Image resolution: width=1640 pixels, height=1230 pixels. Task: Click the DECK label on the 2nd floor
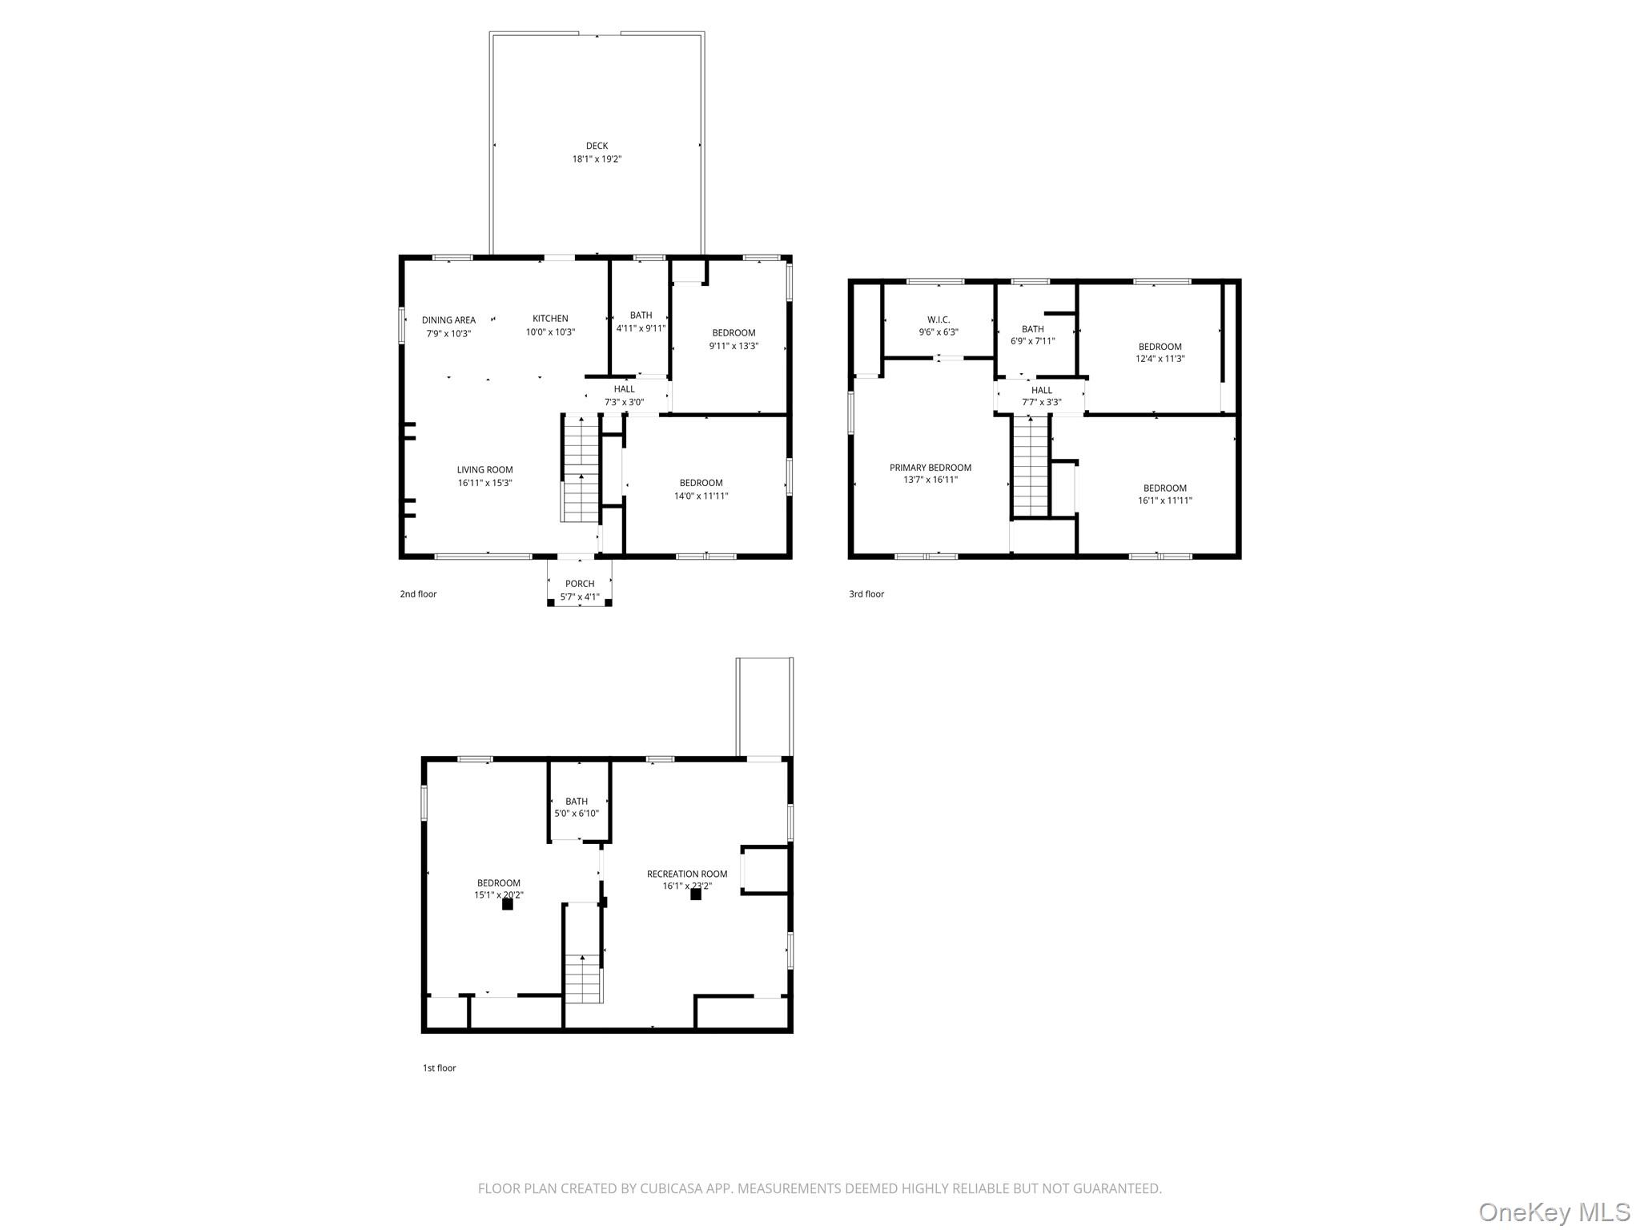coord(597,146)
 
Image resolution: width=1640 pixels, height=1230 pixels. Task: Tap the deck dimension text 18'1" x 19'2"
coord(597,159)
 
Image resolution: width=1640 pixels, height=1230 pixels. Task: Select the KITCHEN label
coord(550,319)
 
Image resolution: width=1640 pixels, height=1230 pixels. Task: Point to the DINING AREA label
coord(448,320)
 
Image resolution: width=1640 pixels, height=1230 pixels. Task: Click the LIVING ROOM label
coord(484,470)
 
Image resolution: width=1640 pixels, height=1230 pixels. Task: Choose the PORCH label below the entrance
coord(580,584)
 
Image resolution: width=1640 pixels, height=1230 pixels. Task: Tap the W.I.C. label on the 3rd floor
coord(939,320)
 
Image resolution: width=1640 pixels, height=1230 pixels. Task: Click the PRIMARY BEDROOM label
coord(931,468)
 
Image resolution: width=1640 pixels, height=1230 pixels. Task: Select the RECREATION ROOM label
coord(687,874)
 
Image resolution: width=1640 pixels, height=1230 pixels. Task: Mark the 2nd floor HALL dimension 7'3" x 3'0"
coord(624,402)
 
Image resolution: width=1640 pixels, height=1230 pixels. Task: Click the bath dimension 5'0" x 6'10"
coord(577,814)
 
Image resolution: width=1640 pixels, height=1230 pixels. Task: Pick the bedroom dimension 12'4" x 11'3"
coord(1160,359)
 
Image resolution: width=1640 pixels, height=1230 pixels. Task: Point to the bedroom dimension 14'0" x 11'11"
coord(701,496)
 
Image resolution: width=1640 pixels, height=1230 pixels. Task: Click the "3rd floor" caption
coord(866,594)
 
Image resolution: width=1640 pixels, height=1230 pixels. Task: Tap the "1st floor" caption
coord(440,1067)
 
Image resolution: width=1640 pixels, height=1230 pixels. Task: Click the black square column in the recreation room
coord(696,894)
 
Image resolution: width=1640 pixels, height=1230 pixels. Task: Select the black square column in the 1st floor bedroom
coord(507,904)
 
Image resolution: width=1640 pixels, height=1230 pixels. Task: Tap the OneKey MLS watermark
coord(1554,1212)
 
